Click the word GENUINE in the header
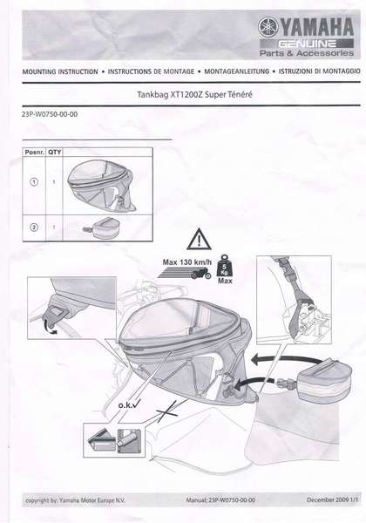coord(307,44)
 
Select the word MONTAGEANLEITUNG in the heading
coord(236,71)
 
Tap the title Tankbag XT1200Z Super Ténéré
coord(194,94)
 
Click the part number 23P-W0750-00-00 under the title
coord(50,114)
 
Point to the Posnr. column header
coord(34,152)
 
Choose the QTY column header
coord(54,152)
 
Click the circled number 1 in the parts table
coord(34,182)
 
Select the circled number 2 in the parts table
coord(34,228)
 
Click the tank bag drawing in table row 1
coord(102,185)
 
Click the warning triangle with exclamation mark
coord(199,239)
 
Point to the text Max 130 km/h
coord(186,262)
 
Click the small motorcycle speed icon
coord(201,274)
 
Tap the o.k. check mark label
coord(129,405)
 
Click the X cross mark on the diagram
coord(167,412)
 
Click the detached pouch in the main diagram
coord(318,381)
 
